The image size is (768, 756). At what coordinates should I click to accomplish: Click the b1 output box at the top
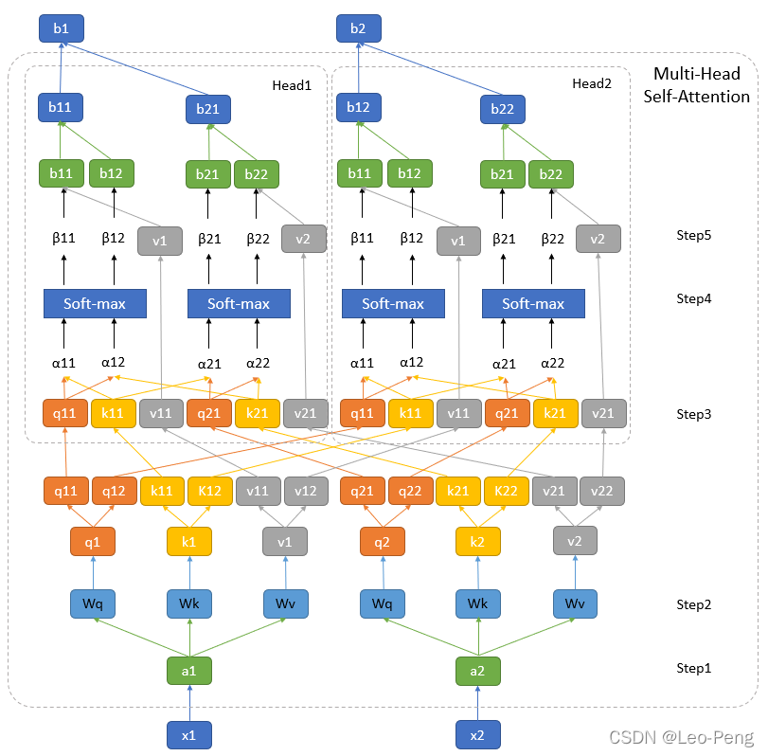[x=61, y=28]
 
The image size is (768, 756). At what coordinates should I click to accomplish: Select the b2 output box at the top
[x=358, y=28]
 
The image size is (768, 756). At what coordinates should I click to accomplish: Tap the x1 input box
[x=189, y=734]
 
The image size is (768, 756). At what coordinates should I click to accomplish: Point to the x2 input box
[x=477, y=734]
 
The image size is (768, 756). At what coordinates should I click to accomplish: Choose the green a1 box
[x=189, y=670]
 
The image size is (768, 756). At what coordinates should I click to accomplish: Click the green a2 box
[x=477, y=670]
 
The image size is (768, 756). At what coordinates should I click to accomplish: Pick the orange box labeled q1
[x=93, y=541]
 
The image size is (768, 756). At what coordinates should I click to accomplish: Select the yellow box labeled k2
[x=477, y=541]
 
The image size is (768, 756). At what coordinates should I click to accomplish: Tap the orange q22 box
[x=410, y=491]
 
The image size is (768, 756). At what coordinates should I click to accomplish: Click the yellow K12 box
[x=210, y=491]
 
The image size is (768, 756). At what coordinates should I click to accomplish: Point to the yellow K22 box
[x=507, y=491]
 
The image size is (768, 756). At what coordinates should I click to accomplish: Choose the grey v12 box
[x=306, y=491]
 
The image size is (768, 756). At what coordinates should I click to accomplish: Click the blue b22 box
[x=503, y=110]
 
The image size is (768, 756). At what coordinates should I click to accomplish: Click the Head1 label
[x=291, y=84]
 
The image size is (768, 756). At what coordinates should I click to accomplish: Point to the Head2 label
[x=592, y=84]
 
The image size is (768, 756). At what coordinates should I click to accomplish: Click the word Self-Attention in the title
[x=696, y=97]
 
